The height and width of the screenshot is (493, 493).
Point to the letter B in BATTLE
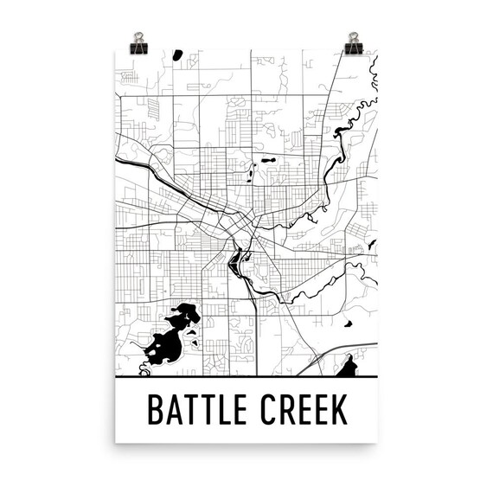(x=156, y=409)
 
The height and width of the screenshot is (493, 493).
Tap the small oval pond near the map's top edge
(x=177, y=55)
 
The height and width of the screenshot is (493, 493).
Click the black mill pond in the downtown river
(x=234, y=259)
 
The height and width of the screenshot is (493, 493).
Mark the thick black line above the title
(x=246, y=378)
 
